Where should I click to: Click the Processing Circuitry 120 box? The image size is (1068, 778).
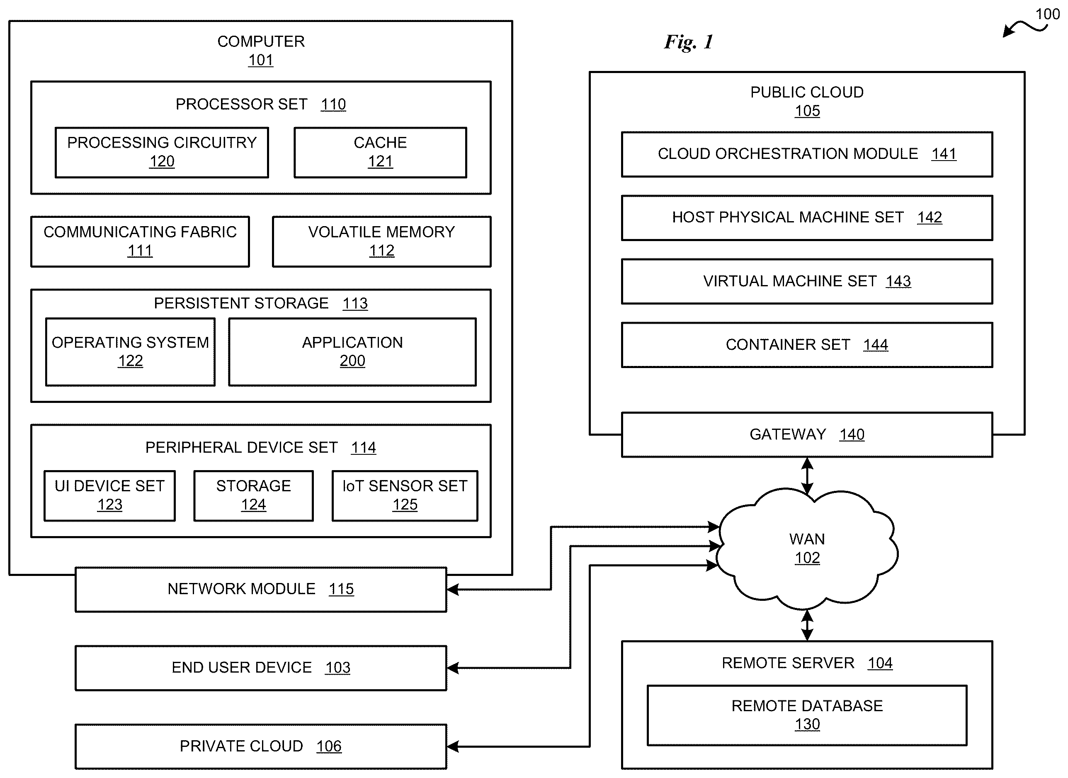[162, 152]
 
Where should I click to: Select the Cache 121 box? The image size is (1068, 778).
[380, 152]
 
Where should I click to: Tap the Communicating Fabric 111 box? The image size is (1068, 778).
[140, 241]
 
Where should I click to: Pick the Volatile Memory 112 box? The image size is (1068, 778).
[381, 241]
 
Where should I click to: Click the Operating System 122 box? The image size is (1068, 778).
[131, 351]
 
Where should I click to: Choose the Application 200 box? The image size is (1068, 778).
[352, 351]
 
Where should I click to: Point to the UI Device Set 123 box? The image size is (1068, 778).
[110, 495]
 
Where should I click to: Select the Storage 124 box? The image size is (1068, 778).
[253, 495]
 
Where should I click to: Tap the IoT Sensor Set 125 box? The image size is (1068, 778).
[405, 495]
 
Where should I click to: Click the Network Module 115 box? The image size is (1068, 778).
[261, 589]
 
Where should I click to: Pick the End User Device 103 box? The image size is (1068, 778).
[261, 668]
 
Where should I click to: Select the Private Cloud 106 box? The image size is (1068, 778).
[261, 746]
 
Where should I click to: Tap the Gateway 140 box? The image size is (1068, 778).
[807, 434]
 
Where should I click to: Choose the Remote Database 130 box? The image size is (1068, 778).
[807, 715]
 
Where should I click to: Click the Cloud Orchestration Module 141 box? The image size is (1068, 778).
[807, 154]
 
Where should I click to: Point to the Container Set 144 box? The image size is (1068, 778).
[807, 345]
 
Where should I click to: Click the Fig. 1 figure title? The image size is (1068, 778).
[689, 42]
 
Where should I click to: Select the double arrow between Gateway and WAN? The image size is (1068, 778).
[807, 476]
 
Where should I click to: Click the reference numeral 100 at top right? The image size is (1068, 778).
[1047, 14]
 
